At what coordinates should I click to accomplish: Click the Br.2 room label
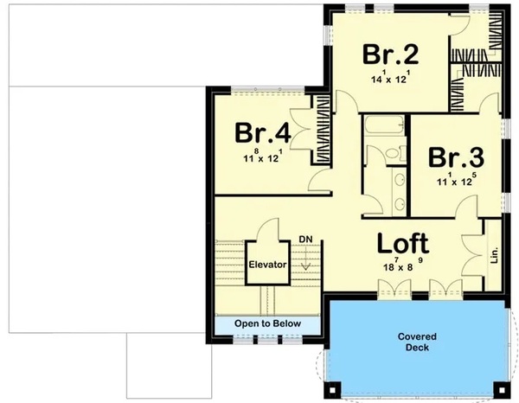[391, 54]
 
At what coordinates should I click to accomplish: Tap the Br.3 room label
[456, 157]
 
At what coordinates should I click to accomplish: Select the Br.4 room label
[263, 133]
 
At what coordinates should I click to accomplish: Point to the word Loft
[403, 243]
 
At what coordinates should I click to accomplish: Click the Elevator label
[267, 265]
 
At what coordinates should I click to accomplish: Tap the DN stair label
[305, 239]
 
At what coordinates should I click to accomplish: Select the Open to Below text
[267, 323]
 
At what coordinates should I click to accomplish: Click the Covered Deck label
[417, 342]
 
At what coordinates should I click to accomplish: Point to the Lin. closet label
[494, 254]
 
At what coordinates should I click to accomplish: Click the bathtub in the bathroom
[384, 125]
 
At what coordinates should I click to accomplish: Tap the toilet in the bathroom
[395, 153]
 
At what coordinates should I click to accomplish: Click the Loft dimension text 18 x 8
[403, 265]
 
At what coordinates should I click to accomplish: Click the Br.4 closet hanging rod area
[322, 130]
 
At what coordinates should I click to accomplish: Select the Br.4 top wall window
[267, 89]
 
